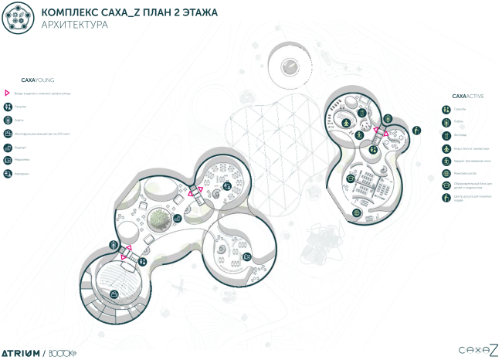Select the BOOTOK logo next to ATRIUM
61,352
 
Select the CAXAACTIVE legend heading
468,96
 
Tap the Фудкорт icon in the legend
7,147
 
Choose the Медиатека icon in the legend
7,160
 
